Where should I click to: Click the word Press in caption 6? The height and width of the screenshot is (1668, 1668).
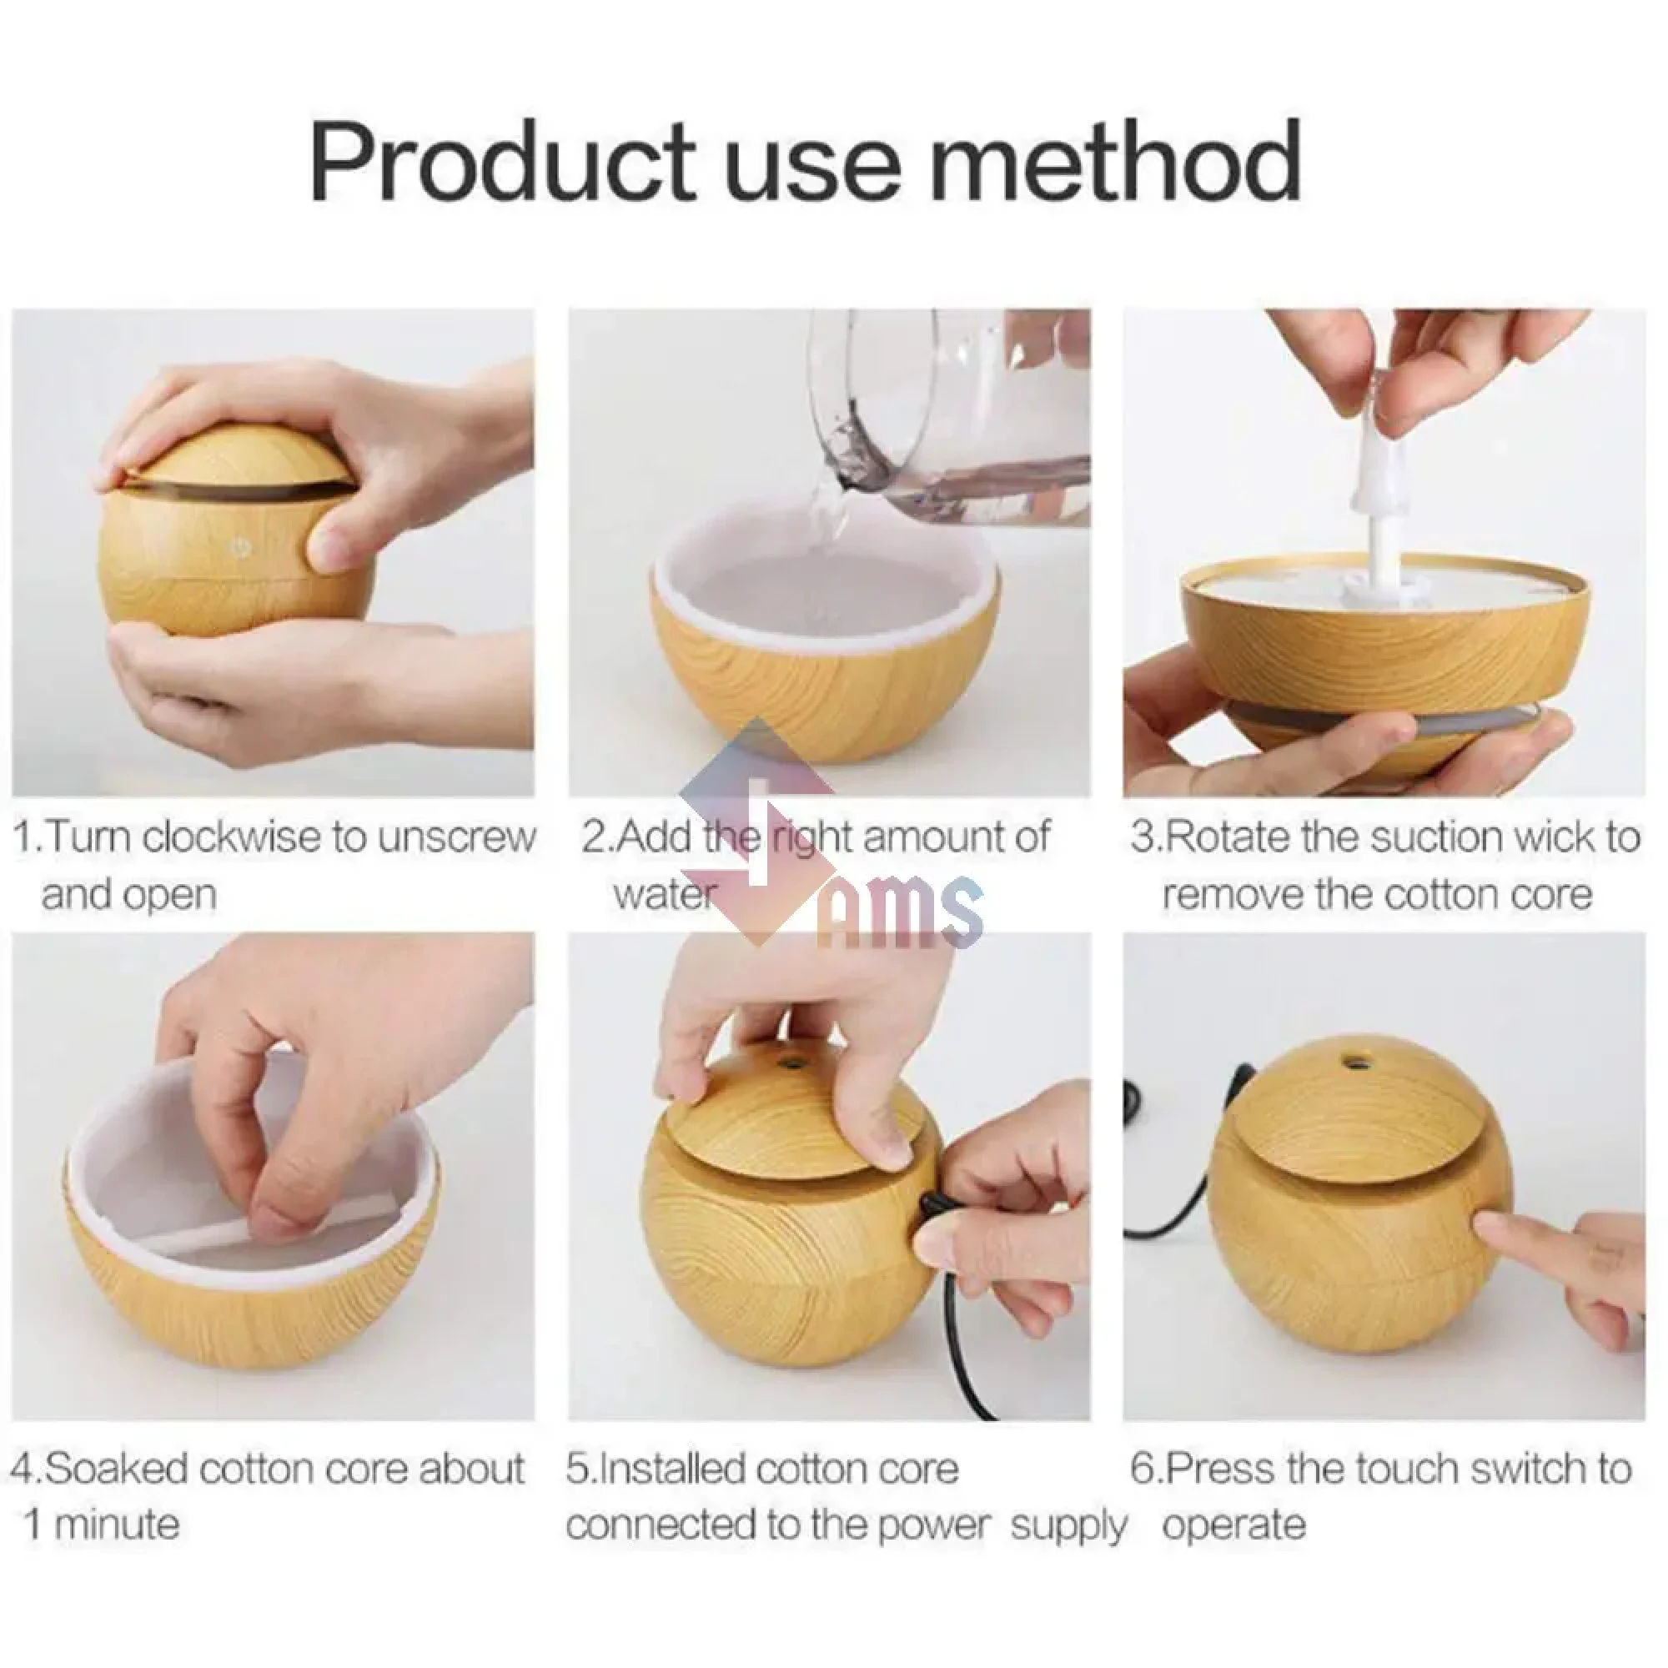pyautogui.click(x=1218, y=1467)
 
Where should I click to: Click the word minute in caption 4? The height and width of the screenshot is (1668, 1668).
pyautogui.click(x=118, y=1524)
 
